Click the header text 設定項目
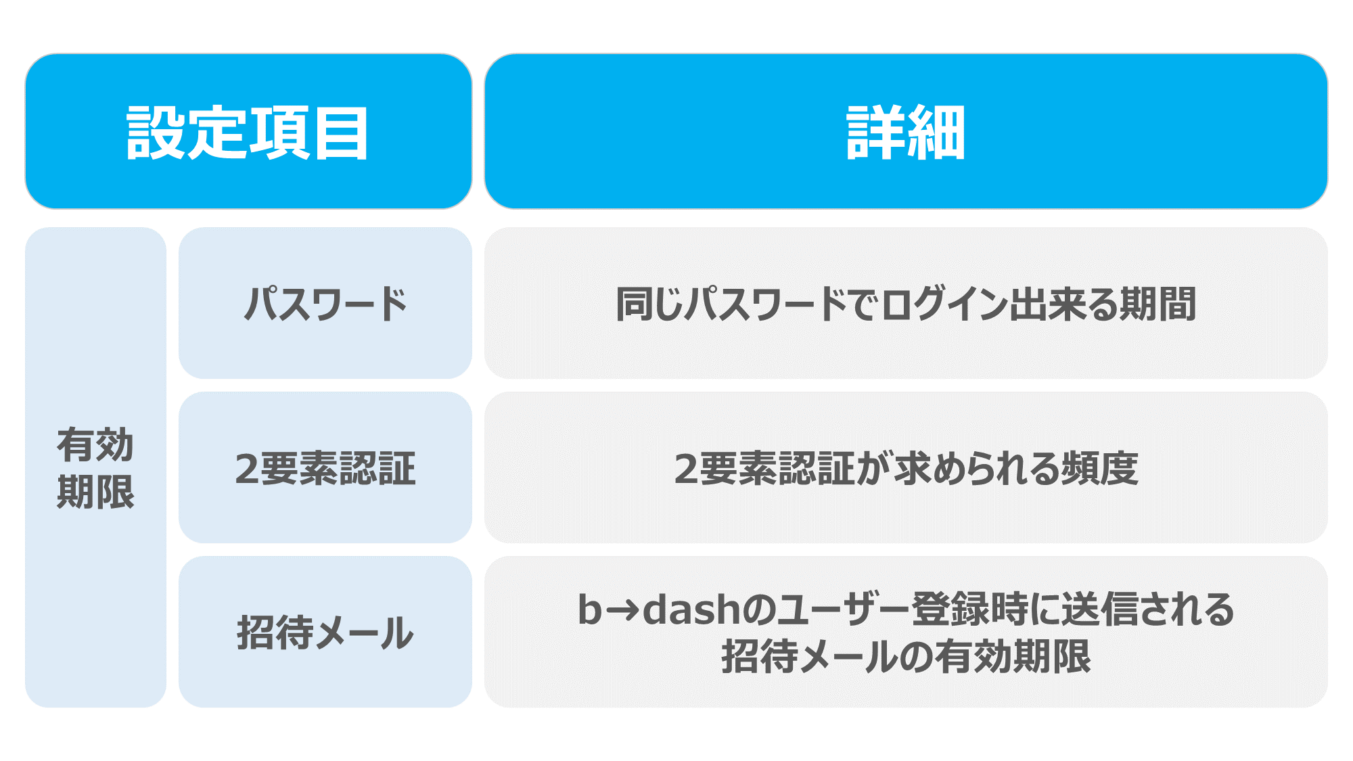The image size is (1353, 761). point(248,133)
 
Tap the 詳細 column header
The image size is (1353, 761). point(906,133)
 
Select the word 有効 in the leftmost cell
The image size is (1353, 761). point(95,444)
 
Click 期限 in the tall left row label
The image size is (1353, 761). point(95,492)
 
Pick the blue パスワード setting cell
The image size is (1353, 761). point(325,303)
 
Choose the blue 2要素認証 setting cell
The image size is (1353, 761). point(325,467)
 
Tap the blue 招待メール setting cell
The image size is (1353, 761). point(325,632)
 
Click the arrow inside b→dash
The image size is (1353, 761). point(622,611)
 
